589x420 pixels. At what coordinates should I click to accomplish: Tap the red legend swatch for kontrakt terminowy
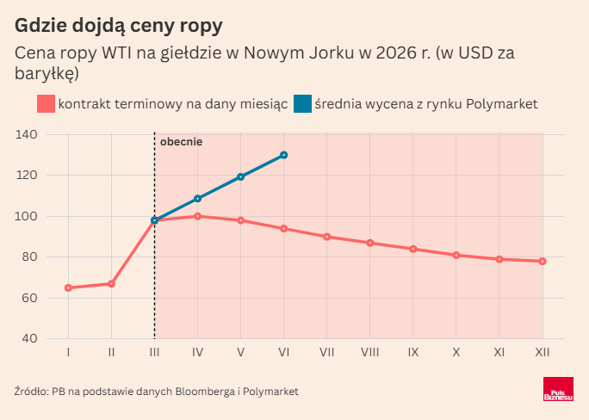coord(46,103)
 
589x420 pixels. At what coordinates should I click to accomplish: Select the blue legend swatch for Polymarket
coord(302,103)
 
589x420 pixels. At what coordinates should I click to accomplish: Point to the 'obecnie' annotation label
coord(181,142)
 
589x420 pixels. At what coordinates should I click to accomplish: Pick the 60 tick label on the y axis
coord(29,298)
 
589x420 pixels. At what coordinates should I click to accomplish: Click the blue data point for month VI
coord(283,155)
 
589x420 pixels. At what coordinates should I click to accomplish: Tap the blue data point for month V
coord(240,177)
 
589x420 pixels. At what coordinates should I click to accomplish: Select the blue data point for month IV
coord(197,199)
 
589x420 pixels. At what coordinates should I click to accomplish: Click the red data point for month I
coord(68,287)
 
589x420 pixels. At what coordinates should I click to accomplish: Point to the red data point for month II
coord(111,283)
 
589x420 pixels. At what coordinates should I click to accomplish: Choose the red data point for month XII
coord(542,261)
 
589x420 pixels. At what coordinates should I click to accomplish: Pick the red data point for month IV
coord(197,216)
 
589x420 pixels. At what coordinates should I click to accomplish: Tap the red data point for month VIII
coord(370,243)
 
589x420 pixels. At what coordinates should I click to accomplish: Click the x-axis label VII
coord(326,352)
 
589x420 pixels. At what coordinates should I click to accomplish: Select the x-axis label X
coord(456,352)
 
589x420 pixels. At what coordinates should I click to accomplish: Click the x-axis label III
coord(154,352)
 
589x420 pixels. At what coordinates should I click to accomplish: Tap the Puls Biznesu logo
coord(557,390)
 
